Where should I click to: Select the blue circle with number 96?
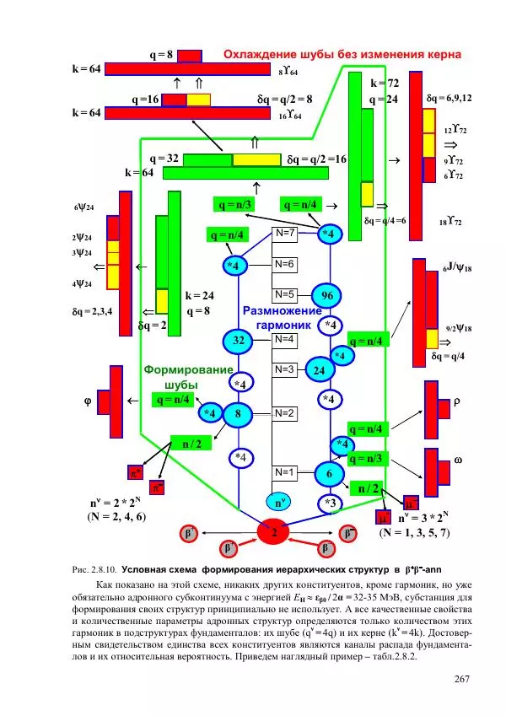(326, 295)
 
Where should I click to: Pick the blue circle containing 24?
(320, 369)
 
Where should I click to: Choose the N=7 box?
(285, 232)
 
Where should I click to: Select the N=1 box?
(285, 471)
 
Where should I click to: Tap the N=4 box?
(285, 339)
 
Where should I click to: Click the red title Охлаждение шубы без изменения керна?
(342, 55)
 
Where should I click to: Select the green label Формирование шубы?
(187, 376)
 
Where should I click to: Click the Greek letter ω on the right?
(458, 460)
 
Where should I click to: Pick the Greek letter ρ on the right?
(458, 401)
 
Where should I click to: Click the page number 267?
(461, 680)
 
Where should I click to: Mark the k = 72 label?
(385, 83)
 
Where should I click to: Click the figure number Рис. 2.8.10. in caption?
(88, 570)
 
